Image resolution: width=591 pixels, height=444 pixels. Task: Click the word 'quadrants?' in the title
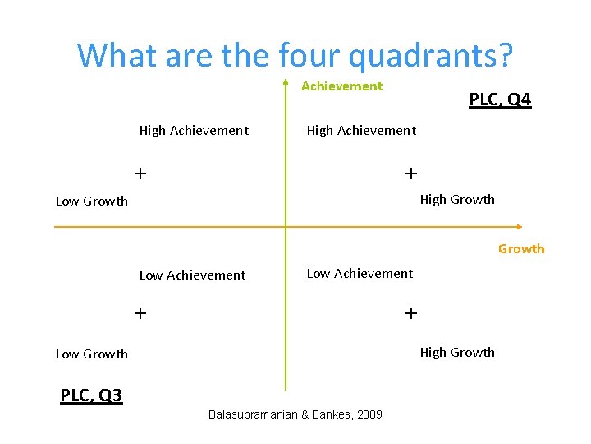(431, 55)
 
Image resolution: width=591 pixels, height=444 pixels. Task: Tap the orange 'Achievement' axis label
(341, 86)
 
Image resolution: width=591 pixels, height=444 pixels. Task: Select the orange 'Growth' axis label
(521, 249)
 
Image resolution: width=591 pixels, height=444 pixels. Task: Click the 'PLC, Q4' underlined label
(500, 100)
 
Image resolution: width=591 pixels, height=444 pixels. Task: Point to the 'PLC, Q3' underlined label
(91, 396)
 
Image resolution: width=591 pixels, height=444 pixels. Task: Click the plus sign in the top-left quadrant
(140, 173)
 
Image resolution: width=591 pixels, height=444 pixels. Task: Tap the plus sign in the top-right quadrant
(410, 173)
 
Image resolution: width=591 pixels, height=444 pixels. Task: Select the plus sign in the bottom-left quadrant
(140, 312)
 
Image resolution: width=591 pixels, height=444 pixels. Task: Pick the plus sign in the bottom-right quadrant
(410, 312)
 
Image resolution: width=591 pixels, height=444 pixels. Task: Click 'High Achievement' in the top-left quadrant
(194, 131)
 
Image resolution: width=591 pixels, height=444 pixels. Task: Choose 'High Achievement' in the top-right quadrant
(361, 131)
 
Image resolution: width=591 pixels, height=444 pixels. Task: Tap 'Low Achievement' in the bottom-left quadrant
(192, 275)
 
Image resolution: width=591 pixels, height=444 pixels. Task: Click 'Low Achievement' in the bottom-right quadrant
(360, 274)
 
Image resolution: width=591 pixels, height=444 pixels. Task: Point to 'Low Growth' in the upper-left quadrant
(92, 201)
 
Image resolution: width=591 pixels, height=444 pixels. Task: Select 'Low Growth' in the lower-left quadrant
(92, 354)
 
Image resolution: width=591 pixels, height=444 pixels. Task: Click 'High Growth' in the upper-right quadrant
(457, 200)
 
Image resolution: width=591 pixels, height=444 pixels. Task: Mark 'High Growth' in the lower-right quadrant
(457, 353)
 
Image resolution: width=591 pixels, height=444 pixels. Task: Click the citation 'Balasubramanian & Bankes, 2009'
(295, 414)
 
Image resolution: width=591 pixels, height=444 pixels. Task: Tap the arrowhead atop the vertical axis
(285, 83)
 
